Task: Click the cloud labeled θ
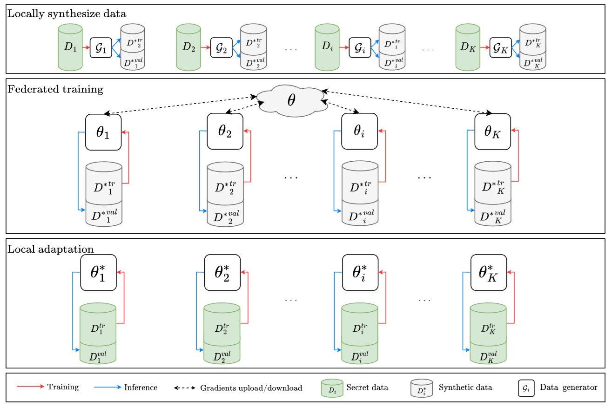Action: point(291,100)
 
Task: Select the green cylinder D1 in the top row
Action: point(70,47)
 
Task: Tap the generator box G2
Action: point(221,47)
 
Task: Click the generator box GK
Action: point(500,47)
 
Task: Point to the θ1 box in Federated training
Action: point(103,132)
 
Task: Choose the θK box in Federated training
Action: point(492,132)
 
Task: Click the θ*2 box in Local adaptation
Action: point(222,272)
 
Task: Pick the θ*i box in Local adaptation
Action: point(360,272)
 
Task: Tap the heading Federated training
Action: point(55,89)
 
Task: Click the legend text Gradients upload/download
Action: point(251,388)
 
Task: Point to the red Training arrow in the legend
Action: point(31,387)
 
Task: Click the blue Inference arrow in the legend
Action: point(108,387)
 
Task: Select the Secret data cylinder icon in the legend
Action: point(332,388)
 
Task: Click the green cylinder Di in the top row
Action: point(327,47)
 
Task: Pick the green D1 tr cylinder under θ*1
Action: point(98,325)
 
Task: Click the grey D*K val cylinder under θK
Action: point(492,215)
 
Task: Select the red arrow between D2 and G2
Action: point(205,47)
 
